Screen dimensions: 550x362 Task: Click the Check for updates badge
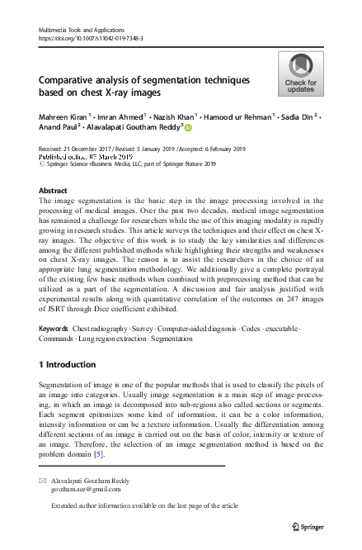pos(301,73)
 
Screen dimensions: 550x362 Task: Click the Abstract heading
pos(54,190)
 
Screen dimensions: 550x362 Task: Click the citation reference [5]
pos(97,454)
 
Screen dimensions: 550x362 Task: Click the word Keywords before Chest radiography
pos(54,329)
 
